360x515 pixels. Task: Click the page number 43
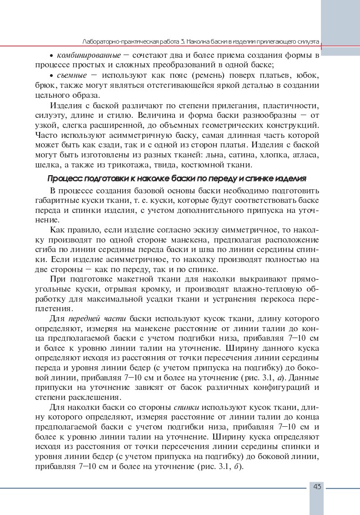point(317,487)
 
